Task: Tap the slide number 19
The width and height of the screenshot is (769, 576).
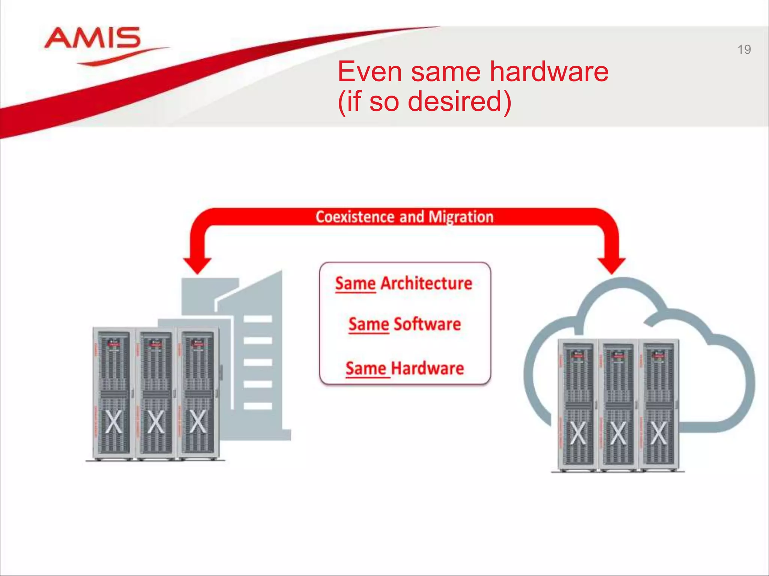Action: point(744,49)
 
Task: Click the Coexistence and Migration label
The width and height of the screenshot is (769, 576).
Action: point(404,217)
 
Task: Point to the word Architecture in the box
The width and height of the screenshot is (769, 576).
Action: point(426,283)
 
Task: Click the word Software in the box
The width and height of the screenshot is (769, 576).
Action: point(427,324)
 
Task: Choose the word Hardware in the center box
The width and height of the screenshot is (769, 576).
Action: point(427,368)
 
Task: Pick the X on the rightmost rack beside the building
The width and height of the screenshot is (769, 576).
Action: point(198,422)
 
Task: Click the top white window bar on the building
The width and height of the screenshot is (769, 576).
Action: point(258,319)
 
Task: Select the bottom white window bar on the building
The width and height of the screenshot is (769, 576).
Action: point(258,406)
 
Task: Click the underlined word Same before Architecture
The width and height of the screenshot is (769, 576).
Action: point(355,284)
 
